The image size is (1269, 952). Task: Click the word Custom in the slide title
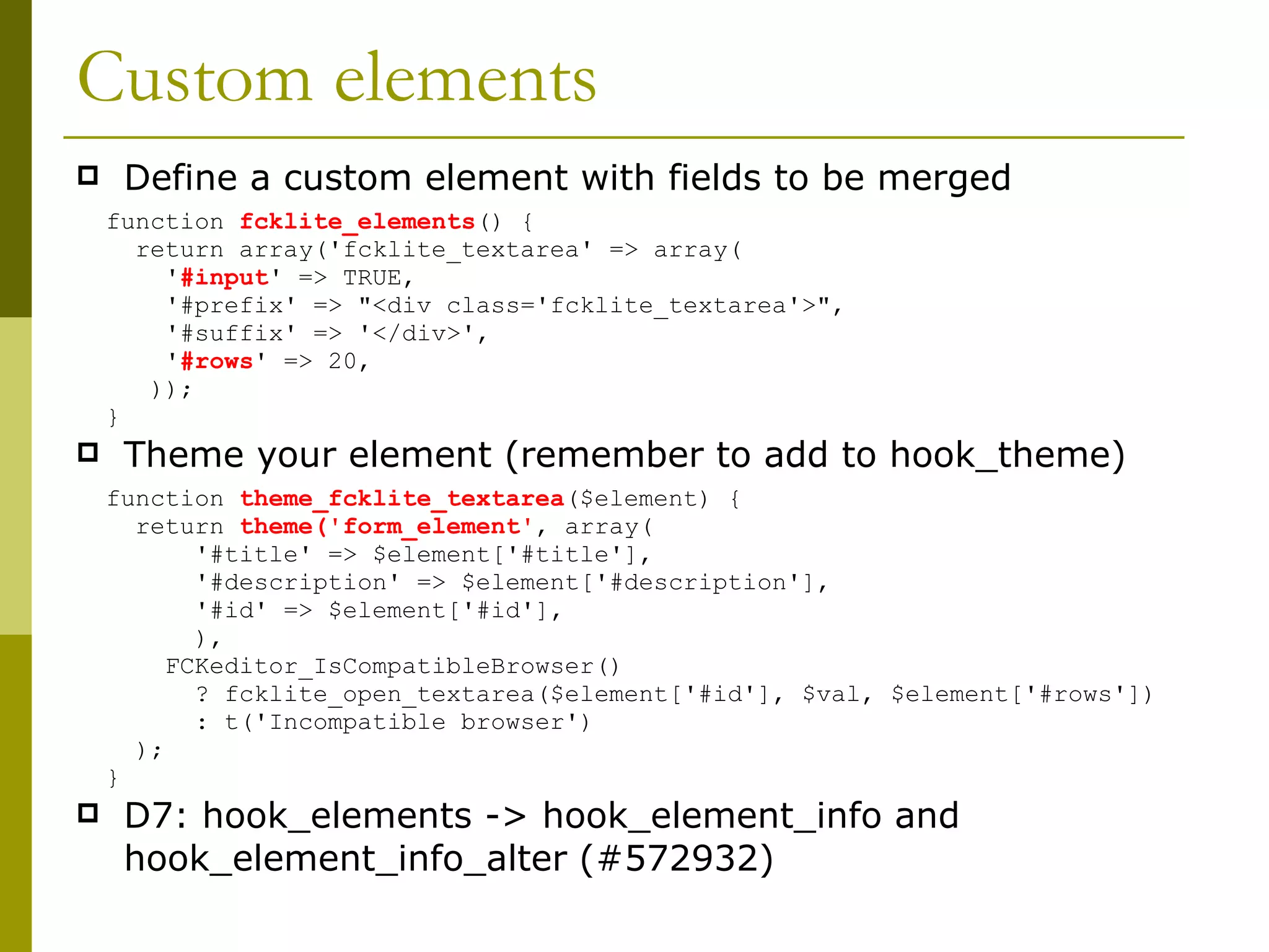(x=194, y=79)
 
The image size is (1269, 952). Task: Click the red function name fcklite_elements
(x=357, y=222)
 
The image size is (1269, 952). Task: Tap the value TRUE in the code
(x=372, y=278)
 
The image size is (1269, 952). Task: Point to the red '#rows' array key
(x=216, y=361)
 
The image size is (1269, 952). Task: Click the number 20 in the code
(x=342, y=361)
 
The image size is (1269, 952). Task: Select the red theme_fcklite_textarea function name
(x=402, y=499)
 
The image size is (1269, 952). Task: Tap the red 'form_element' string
(x=431, y=527)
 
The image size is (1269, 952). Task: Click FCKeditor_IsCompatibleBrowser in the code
(x=379, y=666)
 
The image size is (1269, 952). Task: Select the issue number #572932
(x=677, y=858)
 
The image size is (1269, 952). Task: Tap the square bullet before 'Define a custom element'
(x=88, y=176)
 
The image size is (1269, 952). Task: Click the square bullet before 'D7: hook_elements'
(x=88, y=813)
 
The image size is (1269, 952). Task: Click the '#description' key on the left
(x=297, y=583)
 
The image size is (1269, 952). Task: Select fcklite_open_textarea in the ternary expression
(x=379, y=694)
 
